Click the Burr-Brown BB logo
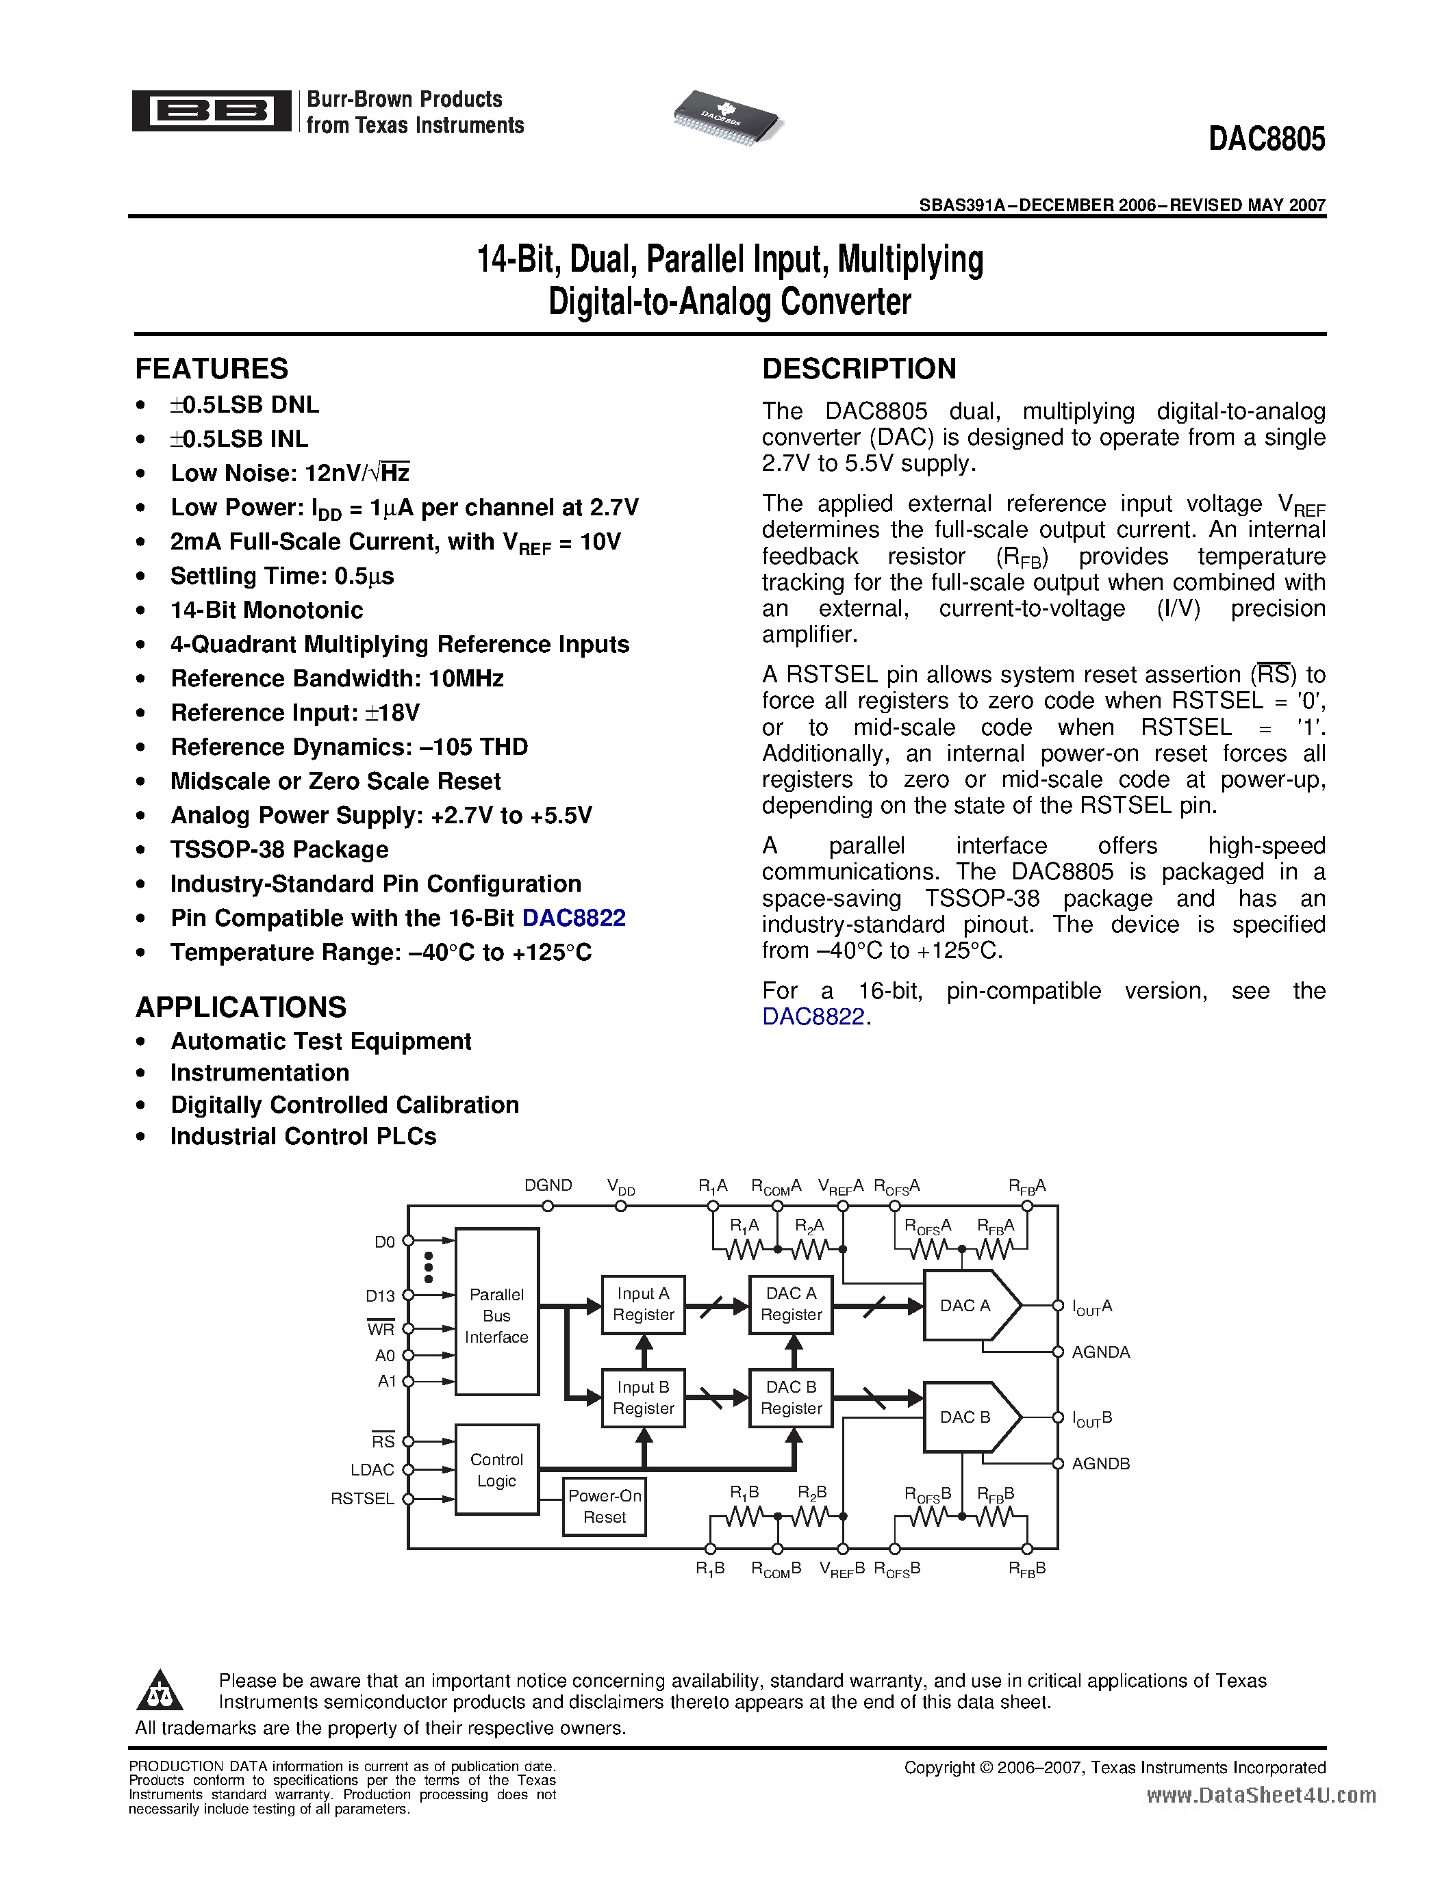coord(211,111)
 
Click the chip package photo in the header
coord(727,117)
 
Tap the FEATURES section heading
coord(211,369)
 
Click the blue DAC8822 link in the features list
coord(573,918)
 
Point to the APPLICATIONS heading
coord(240,1007)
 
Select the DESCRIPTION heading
coord(859,369)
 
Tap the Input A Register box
coord(643,1304)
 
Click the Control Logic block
coord(496,1469)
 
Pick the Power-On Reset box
coord(604,1506)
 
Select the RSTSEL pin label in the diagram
coord(362,1499)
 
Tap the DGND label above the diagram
coord(548,1185)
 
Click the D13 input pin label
coord(380,1296)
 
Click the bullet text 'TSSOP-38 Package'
coord(279,850)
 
